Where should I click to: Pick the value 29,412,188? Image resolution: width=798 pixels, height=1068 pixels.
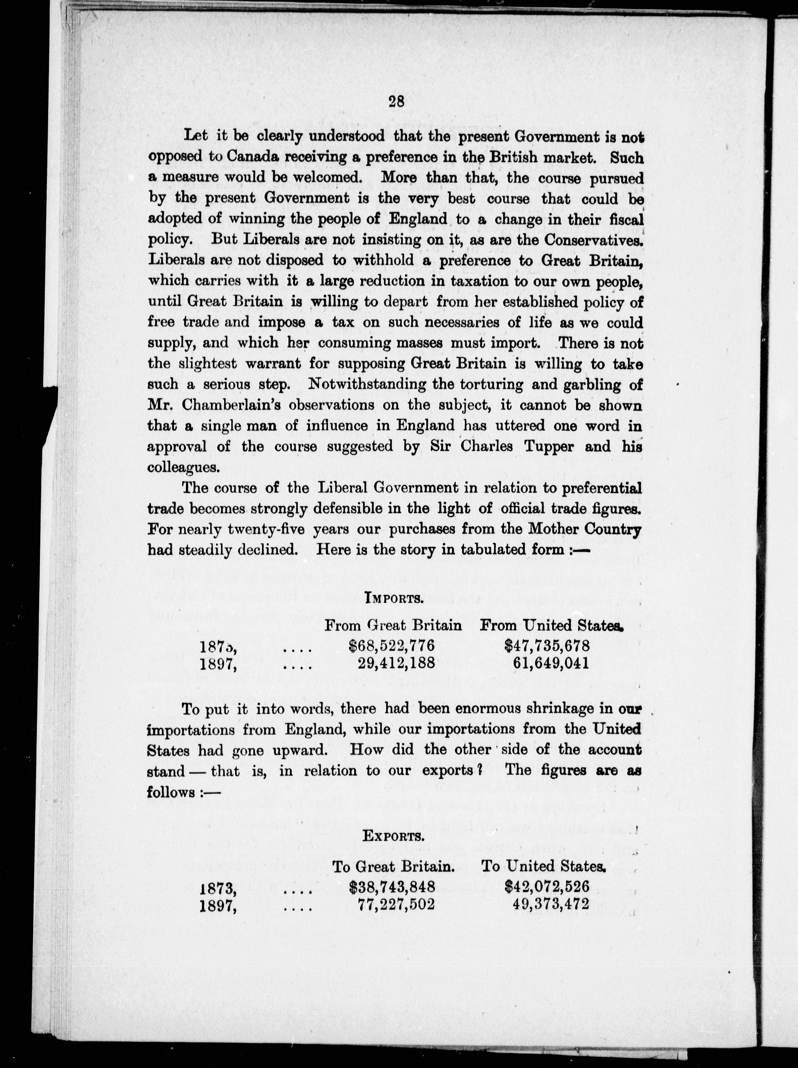396,663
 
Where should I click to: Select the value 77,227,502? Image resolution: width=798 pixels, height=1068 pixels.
396,904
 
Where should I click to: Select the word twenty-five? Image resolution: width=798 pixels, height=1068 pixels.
266,530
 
